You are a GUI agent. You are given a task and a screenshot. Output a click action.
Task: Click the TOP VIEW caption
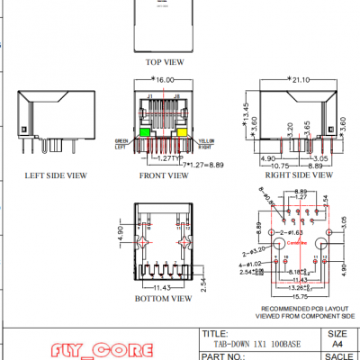pos(164,62)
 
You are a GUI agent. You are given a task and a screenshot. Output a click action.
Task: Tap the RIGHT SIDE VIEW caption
pos(288,177)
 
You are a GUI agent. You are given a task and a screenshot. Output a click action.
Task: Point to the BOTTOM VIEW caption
pos(163,297)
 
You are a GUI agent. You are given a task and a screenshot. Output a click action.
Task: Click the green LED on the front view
pos(144,133)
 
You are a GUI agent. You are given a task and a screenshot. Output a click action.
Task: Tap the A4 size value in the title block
pos(337,343)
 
